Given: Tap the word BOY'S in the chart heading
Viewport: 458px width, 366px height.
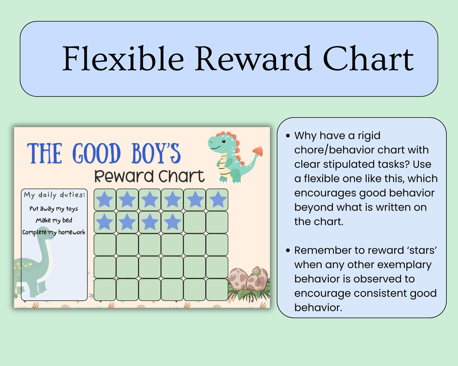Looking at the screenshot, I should [156, 153].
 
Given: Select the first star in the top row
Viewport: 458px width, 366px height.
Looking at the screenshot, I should [104, 199].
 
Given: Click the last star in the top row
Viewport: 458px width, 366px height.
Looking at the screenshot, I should [217, 199].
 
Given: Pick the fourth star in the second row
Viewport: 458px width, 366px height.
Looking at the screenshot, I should [172, 222].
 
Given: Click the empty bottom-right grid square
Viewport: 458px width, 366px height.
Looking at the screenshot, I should [217, 290].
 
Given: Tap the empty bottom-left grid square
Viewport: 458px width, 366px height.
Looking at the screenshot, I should [105, 290].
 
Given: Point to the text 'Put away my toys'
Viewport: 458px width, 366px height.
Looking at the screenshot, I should [54, 209].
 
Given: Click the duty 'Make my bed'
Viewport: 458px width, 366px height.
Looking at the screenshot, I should [54, 220].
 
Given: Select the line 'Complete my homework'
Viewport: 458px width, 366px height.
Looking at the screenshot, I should [54, 232].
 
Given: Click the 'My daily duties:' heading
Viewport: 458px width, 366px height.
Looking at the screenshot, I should [55, 195].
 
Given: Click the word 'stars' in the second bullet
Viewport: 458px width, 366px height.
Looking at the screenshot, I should [423, 250].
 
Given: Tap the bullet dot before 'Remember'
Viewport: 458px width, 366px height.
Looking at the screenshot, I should [288, 250].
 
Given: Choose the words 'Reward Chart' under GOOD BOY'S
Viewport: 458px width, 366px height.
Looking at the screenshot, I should [149, 176].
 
